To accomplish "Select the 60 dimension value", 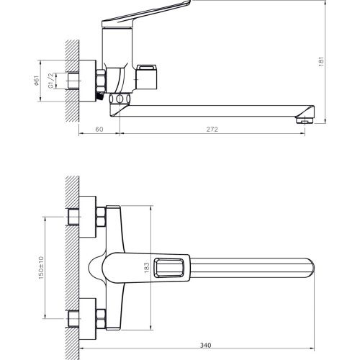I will [99, 130].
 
